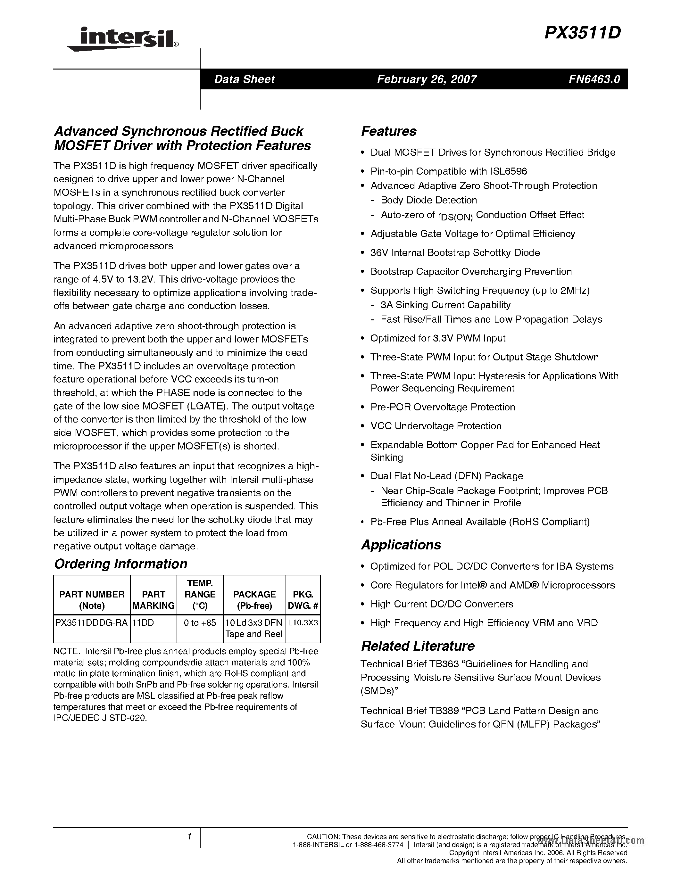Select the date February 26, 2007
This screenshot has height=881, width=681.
427,79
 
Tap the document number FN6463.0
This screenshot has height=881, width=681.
594,79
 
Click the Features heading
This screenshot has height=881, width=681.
388,131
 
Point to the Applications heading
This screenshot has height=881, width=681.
401,545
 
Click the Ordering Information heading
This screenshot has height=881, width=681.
120,564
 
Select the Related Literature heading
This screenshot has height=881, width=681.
417,646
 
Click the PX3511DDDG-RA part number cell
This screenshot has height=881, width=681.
92,623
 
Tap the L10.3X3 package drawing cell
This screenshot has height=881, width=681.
303,623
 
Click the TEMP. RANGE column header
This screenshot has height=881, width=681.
200,595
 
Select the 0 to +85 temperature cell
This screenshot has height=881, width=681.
200,623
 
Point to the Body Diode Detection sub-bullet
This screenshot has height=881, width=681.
428,201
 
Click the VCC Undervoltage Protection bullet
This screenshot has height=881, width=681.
436,426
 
